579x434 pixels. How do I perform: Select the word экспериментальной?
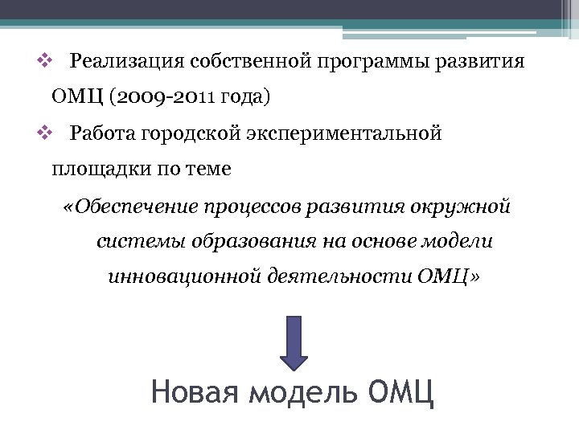[x=336, y=133]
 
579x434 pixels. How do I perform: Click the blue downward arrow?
[x=294, y=342]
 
